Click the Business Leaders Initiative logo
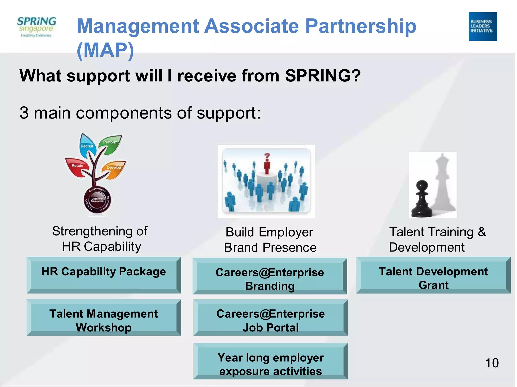pyautogui.click(x=482, y=26)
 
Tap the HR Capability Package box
pyautogui.click(x=104, y=275)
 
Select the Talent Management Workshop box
pyautogui.click(x=104, y=317)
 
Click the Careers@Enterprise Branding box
pyautogui.click(x=270, y=276)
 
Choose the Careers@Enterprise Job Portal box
pyautogui.click(x=270, y=317)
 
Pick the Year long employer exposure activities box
pyautogui.click(x=270, y=361)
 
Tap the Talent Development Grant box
pyautogui.click(x=433, y=275)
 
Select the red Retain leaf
pyautogui.click(x=77, y=167)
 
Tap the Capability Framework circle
pyautogui.click(x=97, y=201)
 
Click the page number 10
pyautogui.click(x=492, y=363)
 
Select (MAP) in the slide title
pyautogui.click(x=105, y=50)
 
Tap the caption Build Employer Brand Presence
pyautogui.click(x=270, y=240)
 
